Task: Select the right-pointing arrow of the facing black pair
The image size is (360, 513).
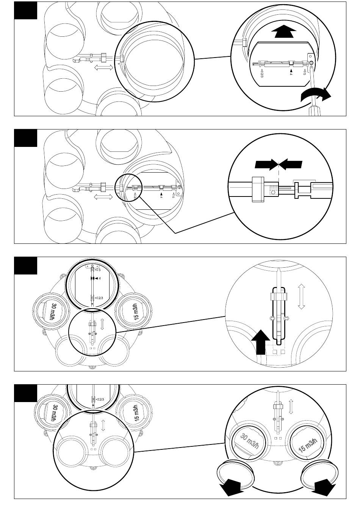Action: point(266,164)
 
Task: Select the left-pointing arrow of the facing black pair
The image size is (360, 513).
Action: point(291,164)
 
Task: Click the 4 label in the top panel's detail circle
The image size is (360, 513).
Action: point(291,73)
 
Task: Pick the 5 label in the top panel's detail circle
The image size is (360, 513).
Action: point(305,72)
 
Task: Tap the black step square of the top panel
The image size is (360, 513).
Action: point(26,10)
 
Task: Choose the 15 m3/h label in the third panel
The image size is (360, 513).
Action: point(138,312)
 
